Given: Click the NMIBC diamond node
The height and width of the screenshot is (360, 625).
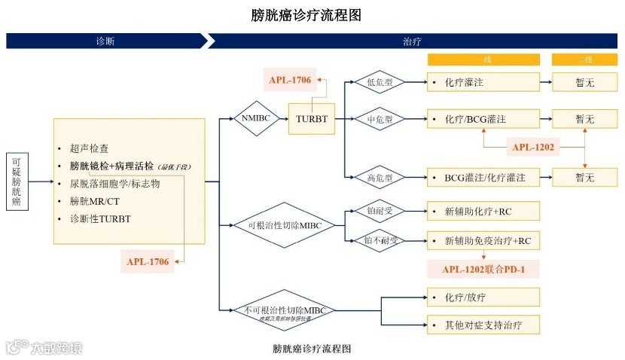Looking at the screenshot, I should click(258, 118).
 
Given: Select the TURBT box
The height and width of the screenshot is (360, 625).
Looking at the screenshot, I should click(311, 119).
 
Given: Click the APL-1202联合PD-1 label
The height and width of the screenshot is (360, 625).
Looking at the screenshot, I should click(483, 268).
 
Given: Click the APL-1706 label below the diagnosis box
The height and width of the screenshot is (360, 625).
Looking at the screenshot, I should click(148, 261).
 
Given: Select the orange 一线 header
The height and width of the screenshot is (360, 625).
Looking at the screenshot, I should click(483, 59).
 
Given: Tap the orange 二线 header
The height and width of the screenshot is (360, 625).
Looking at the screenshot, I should click(584, 59).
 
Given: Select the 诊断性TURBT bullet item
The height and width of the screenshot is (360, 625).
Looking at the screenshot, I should click(99, 218).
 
